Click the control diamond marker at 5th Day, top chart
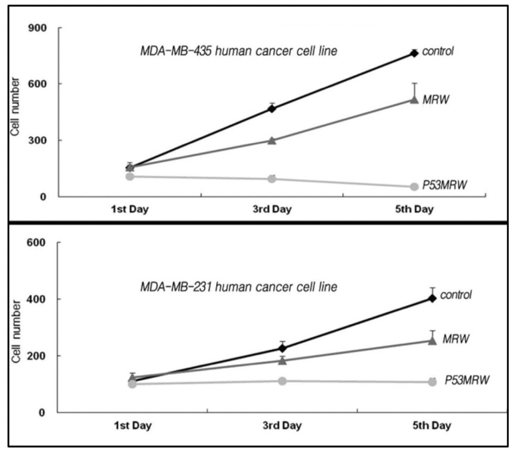pos(414,53)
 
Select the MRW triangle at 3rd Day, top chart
pos(272,140)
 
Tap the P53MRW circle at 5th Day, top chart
pos(414,187)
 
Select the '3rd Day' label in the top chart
pos(272,209)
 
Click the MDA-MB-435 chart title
pos(239,51)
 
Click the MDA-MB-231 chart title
pos(239,287)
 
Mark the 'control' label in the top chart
pos(438,51)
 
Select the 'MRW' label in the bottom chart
pos(455,338)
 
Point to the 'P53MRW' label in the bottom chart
pos(467,380)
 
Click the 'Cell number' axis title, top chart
pos(16,107)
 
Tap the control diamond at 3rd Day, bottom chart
pos(282,348)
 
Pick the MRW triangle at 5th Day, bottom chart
pos(432,341)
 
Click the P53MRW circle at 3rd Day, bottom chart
pos(282,381)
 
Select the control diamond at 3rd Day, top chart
pos(272,108)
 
